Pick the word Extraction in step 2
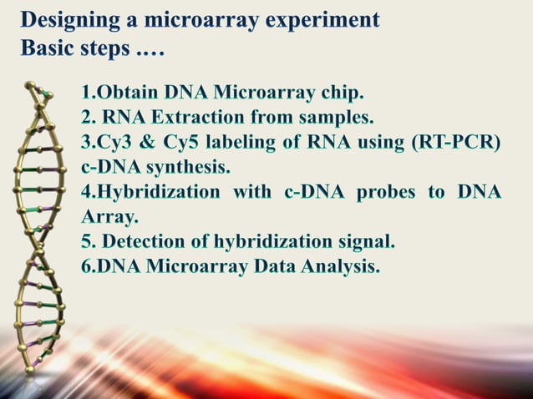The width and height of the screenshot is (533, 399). pyautogui.click(x=200, y=116)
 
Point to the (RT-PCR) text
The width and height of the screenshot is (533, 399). pyautogui.click(x=456, y=142)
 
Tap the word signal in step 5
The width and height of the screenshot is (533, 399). pyautogui.click(x=362, y=243)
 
